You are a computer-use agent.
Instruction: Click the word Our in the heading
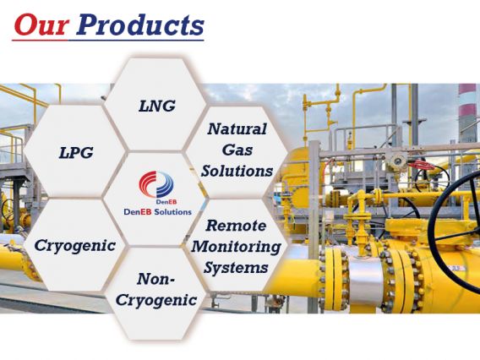[x=41, y=25]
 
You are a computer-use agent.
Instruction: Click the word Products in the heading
[x=140, y=25]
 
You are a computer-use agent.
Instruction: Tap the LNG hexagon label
[x=157, y=106]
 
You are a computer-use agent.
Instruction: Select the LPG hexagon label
[x=76, y=152]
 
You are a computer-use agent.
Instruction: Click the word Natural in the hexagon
[x=237, y=129]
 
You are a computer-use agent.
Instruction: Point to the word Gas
[x=237, y=150]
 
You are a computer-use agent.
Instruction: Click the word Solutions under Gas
[x=237, y=171]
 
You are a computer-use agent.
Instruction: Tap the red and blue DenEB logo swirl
[x=156, y=184]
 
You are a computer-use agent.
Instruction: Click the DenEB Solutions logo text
[x=158, y=212]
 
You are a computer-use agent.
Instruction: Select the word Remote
[x=236, y=226]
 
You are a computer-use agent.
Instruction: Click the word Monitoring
[x=237, y=247]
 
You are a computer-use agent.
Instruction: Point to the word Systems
[x=236, y=268]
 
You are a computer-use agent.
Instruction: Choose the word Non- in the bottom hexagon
[x=156, y=279]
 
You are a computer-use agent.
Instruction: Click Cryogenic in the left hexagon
[x=75, y=246]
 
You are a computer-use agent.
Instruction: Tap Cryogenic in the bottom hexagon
[x=156, y=300]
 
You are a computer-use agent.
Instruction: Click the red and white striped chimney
[x=467, y=112]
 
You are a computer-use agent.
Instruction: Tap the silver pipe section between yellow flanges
[x=365, y=280]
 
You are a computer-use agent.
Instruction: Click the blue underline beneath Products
[x=136, y=40]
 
